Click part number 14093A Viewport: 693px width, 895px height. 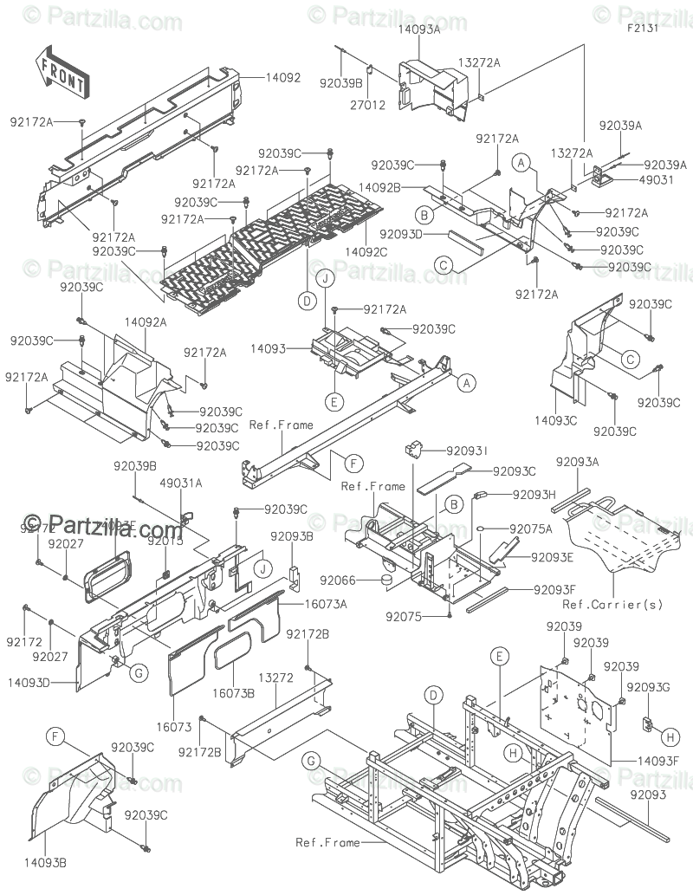point(419,29)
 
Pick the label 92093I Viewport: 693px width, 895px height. point(467,451)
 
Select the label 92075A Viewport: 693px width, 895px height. point(530,528)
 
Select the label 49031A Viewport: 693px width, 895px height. point(182,483)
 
